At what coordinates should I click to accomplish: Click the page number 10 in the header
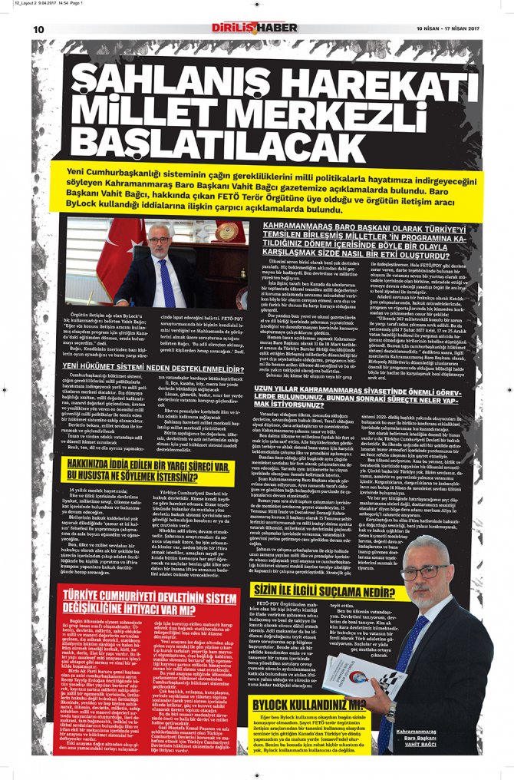point(38,29)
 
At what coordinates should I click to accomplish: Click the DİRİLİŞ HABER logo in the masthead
point(255,28)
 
